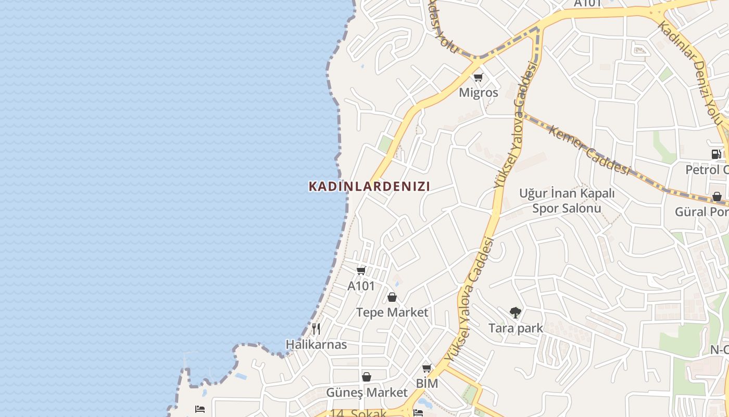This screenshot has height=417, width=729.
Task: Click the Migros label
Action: [x=478, y=93]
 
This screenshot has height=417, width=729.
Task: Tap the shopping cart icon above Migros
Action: [x=478, y=78]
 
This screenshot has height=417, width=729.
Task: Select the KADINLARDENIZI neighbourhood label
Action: [x=369, y=186]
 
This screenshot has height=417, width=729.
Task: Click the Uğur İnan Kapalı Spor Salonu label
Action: [x=567, y=201]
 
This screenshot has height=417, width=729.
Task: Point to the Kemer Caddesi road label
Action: [x=589, y=150]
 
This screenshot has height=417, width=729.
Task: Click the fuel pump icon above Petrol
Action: [x=717, y=154]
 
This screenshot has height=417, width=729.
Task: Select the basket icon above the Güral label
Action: [x=717, y=197]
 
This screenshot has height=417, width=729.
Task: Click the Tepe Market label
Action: [x=392, y=312]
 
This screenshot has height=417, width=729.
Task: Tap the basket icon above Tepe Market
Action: [x=392, y=297]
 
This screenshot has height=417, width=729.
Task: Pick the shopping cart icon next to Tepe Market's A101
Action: [x=361, y=271]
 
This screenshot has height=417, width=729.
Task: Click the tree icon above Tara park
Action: [x=516, y=313]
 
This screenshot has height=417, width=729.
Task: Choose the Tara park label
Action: [x=516, y=328]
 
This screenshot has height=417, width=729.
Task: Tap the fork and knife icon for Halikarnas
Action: [x=316, y=329]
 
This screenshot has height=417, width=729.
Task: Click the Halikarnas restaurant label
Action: [x=316, y=345]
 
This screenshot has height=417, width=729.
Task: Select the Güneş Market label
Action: [x=367, y=392]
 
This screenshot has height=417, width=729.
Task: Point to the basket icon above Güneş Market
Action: [x=367, y=376]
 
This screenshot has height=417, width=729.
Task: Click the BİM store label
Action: [x=427, y=384]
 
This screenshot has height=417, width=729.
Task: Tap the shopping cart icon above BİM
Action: [x=427, y=368]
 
